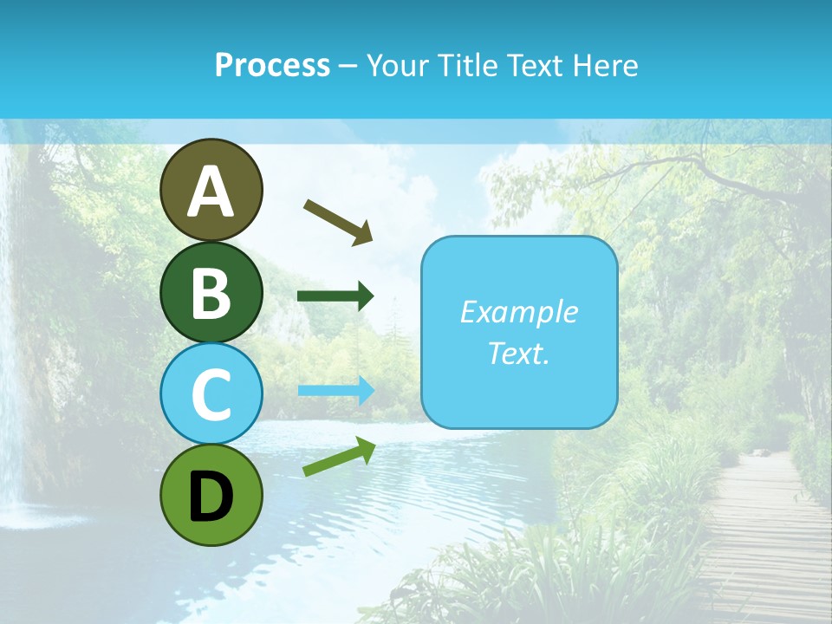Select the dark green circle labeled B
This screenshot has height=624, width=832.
tap(211, 292)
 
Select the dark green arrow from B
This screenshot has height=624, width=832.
tap(335, 296)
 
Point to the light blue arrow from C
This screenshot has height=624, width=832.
tap(335, 390)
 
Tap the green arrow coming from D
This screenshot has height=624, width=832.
tap(339, 457)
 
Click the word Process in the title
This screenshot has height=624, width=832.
tap(272, 65)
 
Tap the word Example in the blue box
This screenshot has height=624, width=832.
tap(518, 312)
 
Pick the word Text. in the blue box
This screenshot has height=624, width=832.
tap(518, 353)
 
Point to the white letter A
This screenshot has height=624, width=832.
tap(211, 192)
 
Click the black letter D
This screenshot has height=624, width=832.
tap(211, 497)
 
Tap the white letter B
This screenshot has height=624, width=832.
tap(211, 293)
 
